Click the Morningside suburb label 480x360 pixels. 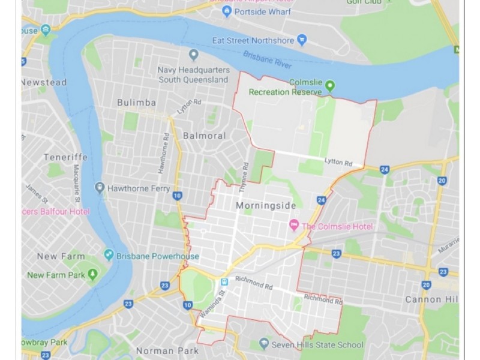click(266, 206)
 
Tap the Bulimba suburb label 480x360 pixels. click(136, 103)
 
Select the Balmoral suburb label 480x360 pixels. click(204, 136)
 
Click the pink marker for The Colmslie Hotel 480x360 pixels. click(294, 226)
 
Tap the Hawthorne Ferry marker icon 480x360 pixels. click(100, 188)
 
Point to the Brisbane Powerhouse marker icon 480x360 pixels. click(109, 255)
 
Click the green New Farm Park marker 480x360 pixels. click(92, 275)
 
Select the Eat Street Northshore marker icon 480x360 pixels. click(302, 41)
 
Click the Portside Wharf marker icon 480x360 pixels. click(227, 11)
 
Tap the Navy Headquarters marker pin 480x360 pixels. click(193, 56)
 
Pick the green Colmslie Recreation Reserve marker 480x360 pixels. click(329, 86)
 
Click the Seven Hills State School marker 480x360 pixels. click(263, 344)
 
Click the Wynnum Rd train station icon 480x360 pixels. click(224, 281)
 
